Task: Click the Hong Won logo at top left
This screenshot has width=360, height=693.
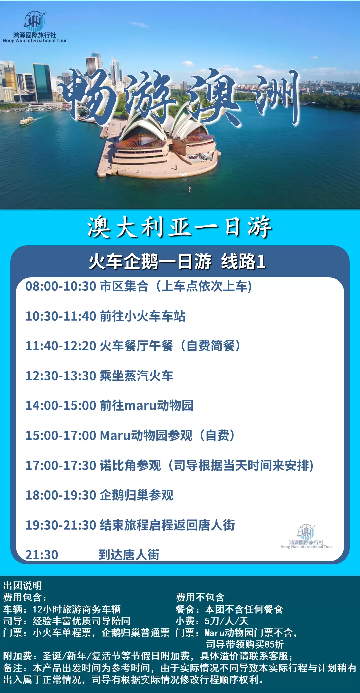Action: point(35,27)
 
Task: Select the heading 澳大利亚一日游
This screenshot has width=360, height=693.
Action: point(180,227)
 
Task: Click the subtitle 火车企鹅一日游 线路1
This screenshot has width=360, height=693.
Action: point(177,261)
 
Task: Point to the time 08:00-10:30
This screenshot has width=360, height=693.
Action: point(61,286)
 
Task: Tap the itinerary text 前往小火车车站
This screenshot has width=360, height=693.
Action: point(143,316)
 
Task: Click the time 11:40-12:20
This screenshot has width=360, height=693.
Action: point(61,346)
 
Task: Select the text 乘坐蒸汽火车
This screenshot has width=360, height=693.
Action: point(136,376)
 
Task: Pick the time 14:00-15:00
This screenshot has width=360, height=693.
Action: point(61,406)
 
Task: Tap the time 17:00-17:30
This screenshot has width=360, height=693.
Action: point(61,465)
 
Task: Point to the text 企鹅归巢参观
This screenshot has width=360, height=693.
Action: point(136,495)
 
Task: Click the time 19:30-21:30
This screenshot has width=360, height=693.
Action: point(61,525)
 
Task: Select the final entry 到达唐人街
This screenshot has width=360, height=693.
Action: point(129,555)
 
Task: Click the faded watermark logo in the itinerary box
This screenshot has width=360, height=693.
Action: point(306,536)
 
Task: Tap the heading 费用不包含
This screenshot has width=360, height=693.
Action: point(200,597)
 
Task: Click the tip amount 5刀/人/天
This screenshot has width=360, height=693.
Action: point(227,621)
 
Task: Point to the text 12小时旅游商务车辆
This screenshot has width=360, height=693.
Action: point(77,609)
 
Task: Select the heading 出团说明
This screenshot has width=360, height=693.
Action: point(23,585)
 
